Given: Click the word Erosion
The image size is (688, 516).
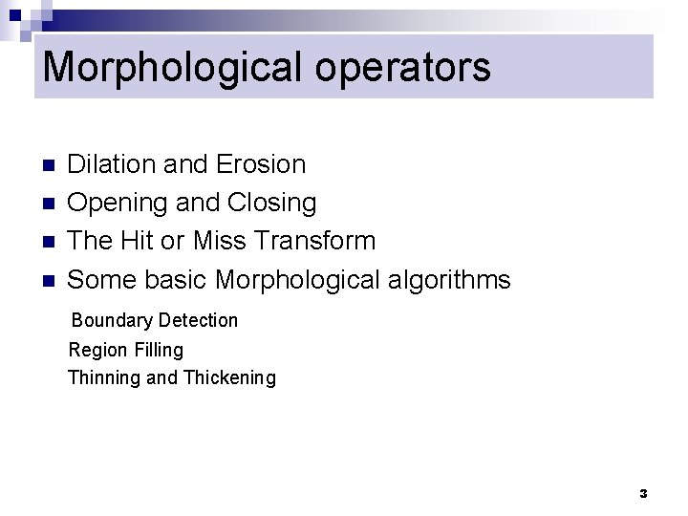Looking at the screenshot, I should pos(261,164).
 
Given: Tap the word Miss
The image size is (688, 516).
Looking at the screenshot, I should pos(218,241).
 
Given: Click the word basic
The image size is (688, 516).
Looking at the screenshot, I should pos(177,280).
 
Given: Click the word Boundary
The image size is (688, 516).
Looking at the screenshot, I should pos(111,320).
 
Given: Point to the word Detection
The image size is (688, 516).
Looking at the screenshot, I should pos(199,320).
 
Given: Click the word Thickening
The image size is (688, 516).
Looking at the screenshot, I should pos(229,377).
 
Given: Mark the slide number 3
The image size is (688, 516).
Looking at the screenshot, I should pos(643,494).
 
